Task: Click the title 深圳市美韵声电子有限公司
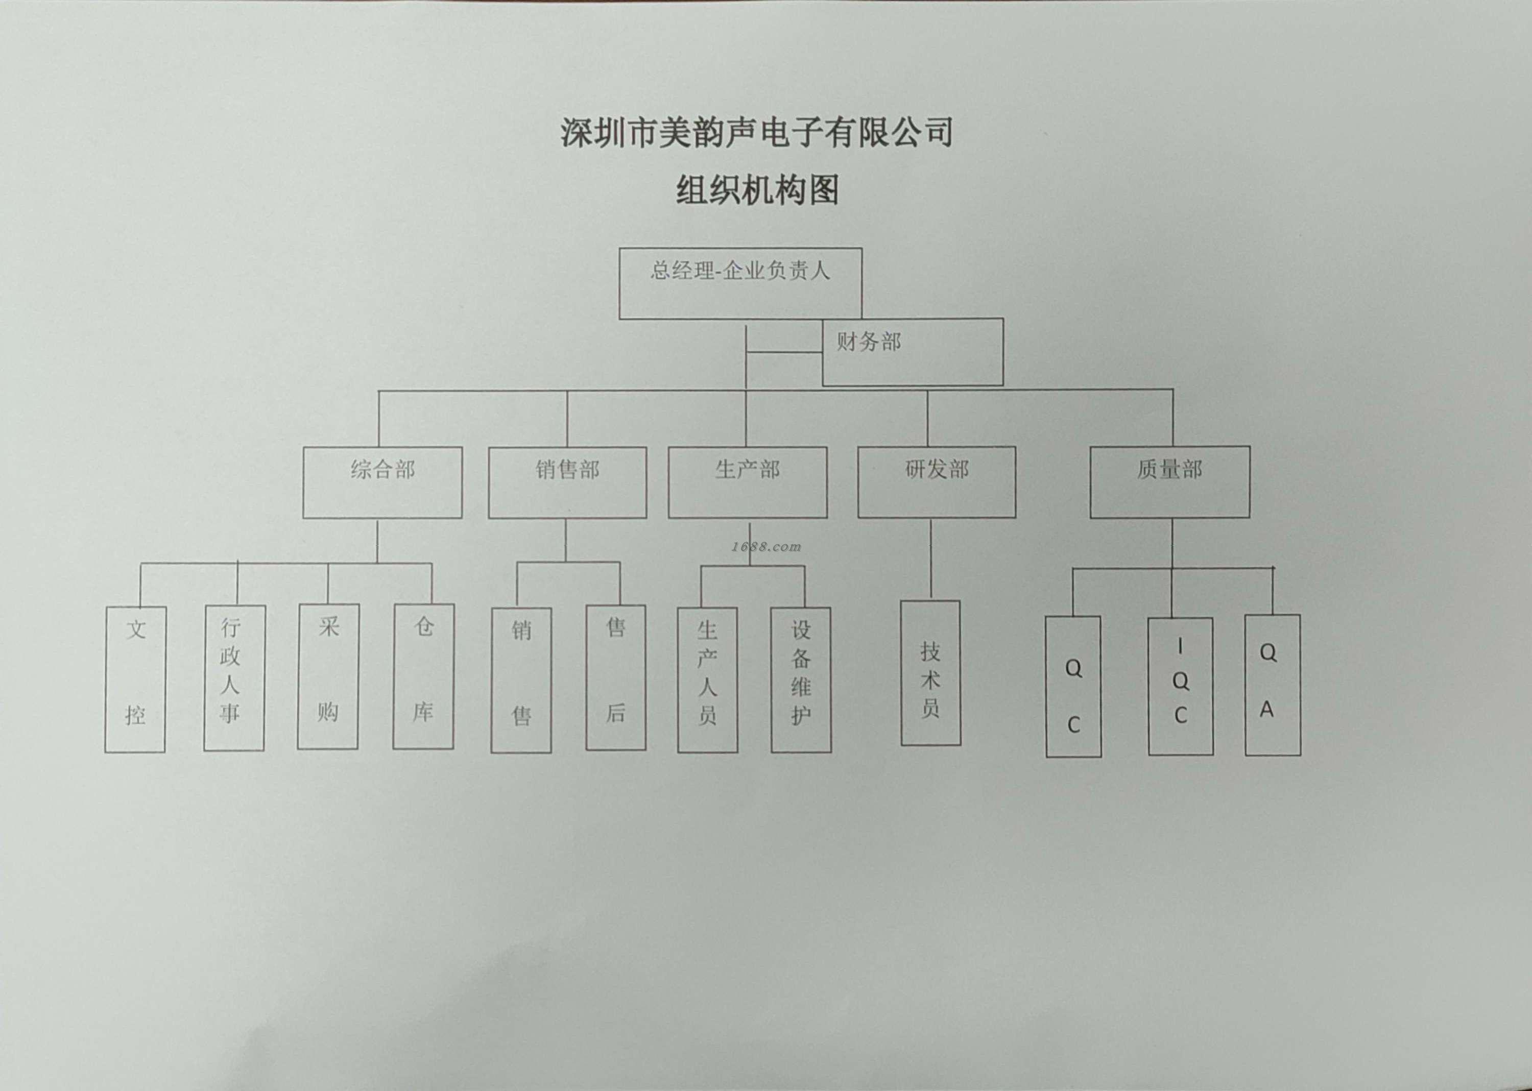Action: coord(757,132)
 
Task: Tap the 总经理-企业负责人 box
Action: coord(740,283)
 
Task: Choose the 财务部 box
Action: coord(913,352)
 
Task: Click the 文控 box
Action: coord(135,678)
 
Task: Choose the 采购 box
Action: coord(328,676)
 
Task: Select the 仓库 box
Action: coord(423,676)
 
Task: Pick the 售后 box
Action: coord(615,677)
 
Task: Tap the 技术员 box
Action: coord(930,672)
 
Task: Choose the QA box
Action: coord(1272,685)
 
